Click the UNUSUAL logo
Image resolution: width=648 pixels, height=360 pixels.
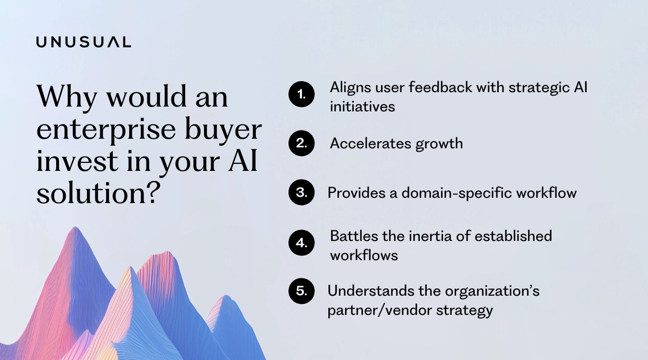pyautogui.click(x=84, y=42)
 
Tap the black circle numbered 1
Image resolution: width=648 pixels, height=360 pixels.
pyautogui.click(x=301, y=95)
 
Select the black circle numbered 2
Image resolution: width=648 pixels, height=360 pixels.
pyautogui.click(x=301, y=143)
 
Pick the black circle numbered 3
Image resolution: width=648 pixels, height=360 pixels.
pyautogui.click(x=301, y=192)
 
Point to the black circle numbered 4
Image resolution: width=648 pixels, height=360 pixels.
pyautogui.click(x=301, y=243)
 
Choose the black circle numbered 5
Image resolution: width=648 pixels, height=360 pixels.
pyautogui.click(x=301, y=291)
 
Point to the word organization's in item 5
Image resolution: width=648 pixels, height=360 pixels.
pyautogui.click(x=492, y=291)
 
